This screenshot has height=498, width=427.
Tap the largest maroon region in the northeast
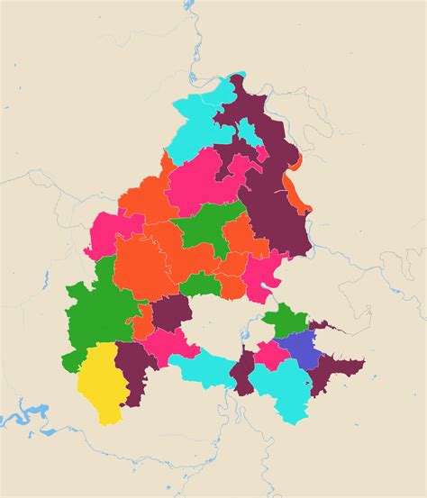pos(270,198)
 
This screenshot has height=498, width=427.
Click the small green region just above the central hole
pos(202,286)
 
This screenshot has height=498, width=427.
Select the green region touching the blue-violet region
pos(285,321)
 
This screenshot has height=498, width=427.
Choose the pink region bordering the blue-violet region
pos(268,354)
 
